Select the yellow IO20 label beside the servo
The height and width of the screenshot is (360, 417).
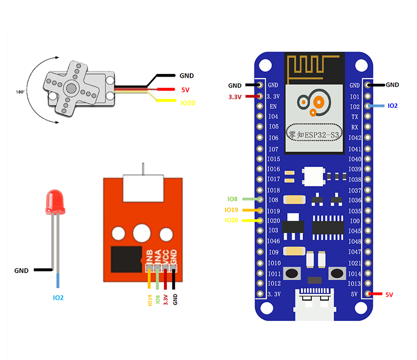[x=188, y=103]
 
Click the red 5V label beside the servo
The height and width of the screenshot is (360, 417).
[x=185, y=90]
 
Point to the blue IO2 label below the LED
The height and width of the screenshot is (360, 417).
[x=58, y=298]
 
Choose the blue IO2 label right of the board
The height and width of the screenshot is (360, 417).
[x=393, y=106]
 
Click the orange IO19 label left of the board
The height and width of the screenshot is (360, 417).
[x=231, y=210]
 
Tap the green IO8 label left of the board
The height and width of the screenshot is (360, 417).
[x=232, y=199]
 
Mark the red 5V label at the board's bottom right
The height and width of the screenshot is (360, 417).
[x=389, y=294]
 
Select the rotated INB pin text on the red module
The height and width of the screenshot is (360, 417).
[x=150, y=257]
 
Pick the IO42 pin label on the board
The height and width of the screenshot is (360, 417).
[x=355, y=138]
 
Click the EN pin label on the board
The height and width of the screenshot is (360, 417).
[x=273, y=106]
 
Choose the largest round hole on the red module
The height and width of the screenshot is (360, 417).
[x=142, y=232]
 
